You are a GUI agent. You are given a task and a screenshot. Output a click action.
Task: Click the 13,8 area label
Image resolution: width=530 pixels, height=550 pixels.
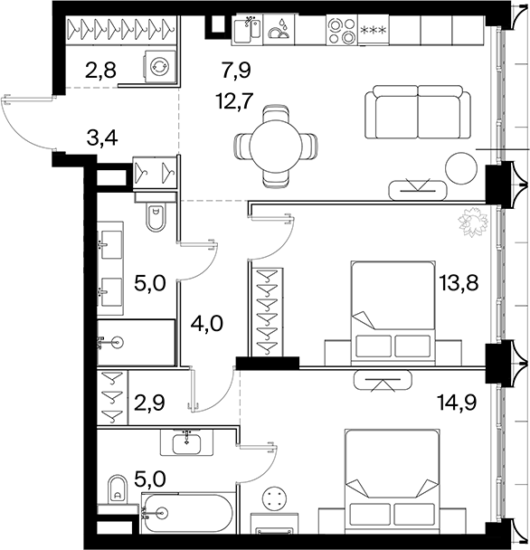tap(459, 283)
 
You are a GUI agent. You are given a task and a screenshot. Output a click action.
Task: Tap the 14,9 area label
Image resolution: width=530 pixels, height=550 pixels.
tap(457, 402)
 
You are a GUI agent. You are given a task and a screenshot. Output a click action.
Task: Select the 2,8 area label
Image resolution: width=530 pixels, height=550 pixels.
tap(100, 70)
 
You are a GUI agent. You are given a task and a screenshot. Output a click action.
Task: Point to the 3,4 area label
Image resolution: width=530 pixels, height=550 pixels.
tap(102, 137)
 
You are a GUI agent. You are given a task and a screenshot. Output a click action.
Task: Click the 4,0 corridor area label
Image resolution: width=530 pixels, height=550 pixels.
tap(207, 324)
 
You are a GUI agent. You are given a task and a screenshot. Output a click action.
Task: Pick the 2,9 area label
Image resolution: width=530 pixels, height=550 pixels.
tap(149, 403)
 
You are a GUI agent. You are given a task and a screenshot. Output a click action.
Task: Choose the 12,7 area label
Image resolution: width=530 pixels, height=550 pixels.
tap(234, 101)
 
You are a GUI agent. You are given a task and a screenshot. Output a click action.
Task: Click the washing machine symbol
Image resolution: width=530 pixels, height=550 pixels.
tap(159, 67)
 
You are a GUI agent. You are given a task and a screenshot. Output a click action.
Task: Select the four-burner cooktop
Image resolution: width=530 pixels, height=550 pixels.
tap(342, 30)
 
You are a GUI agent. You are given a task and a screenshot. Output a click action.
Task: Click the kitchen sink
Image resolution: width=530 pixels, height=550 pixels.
tap(247, 30)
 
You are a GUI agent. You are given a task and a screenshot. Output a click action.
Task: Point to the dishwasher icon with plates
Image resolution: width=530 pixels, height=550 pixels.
tap(279, 30)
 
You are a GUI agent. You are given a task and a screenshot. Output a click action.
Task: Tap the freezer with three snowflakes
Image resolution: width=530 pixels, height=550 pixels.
tap(374, 30)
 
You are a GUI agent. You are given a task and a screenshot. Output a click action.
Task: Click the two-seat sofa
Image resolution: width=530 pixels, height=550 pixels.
tap(418, 112)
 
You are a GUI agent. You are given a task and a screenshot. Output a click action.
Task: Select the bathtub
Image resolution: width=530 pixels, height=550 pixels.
tap(187, 513)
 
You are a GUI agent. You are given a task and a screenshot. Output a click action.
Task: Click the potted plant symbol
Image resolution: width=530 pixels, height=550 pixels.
tap(473, 222)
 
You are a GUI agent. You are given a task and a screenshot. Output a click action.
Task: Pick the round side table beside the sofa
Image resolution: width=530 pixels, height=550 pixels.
tap(461, 168)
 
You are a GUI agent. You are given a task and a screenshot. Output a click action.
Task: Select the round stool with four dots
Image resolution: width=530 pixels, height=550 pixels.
tap(275, 498)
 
